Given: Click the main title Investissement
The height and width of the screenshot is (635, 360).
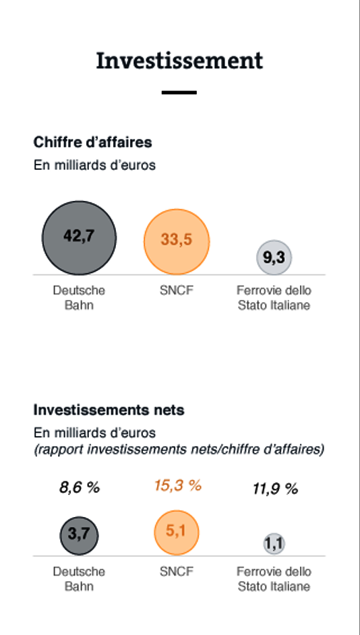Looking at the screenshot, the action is click(x=179, y=61).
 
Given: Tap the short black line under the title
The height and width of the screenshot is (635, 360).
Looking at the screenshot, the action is click(x=179, y=92).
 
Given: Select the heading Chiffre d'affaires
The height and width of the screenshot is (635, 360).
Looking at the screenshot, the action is click(x=93, y=142).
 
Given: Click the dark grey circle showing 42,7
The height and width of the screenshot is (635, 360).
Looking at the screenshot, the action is click(x=79, y=238).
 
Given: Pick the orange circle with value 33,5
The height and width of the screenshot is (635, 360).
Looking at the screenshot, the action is click(x=177, y=242).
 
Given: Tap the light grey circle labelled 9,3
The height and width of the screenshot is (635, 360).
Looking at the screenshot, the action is click(x=274, y=258).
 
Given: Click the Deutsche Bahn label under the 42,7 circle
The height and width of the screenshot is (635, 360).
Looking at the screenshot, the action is click(x=79, y=298).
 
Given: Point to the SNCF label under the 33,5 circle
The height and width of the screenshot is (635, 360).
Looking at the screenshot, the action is click(x=177, y=291).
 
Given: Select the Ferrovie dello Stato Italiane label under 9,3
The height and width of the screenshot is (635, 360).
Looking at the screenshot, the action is click(x=274, y=298).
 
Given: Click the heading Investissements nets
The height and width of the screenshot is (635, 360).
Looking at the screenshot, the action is click(x=109, y=411).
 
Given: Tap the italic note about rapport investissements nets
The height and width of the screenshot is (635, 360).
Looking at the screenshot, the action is click(x=179, y=450).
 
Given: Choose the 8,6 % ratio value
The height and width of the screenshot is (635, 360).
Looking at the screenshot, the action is click(x=80, y=487).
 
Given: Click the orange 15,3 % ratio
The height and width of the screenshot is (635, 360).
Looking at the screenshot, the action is click(x=178, y=485).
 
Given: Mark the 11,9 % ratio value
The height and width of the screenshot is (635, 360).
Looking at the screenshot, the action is click(x=275, y=489).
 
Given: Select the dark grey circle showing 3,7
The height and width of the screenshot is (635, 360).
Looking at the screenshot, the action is click(x=79, y=535).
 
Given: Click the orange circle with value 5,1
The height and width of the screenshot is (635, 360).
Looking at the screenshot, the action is click(x=177, y=533).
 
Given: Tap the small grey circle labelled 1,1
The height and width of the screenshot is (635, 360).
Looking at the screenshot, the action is click(x=274, y=544).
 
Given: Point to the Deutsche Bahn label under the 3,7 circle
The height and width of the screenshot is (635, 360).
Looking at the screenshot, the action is click(x=79, y=578).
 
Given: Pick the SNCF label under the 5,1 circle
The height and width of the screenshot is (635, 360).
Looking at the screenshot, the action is click(x=177, y=572).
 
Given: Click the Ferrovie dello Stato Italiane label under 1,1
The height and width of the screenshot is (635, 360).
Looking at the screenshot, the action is click(x=274, y=578).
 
